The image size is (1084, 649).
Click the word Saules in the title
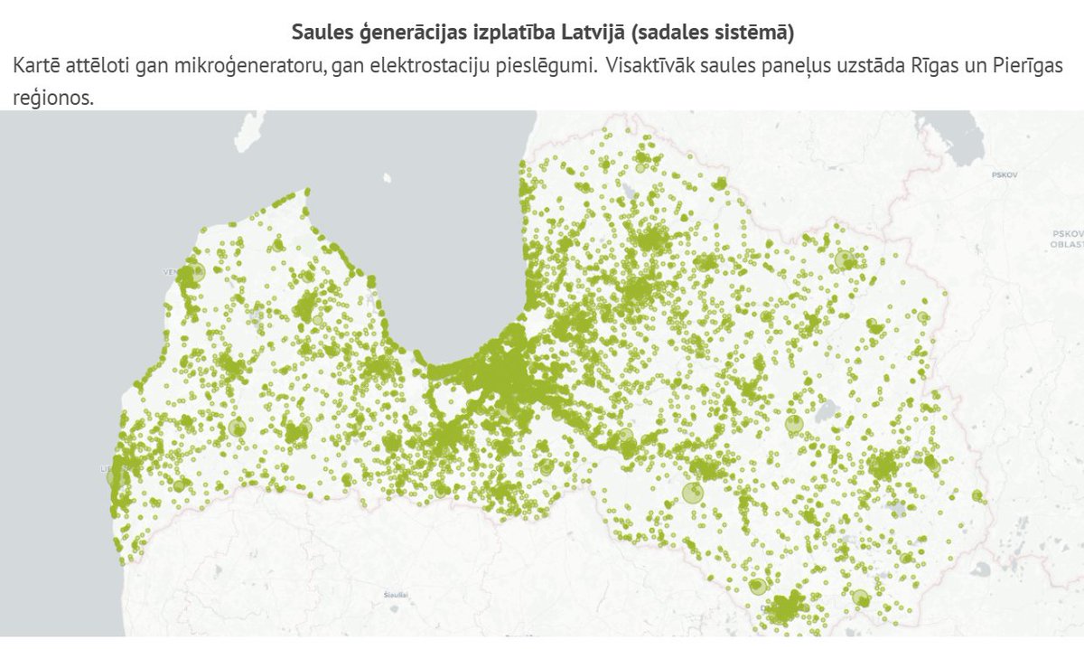(319, 33)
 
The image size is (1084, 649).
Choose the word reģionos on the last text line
(53, 98)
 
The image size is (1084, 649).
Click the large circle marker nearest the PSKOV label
(846, 260)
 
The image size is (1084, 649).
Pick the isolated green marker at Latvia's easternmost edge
(977, 494)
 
